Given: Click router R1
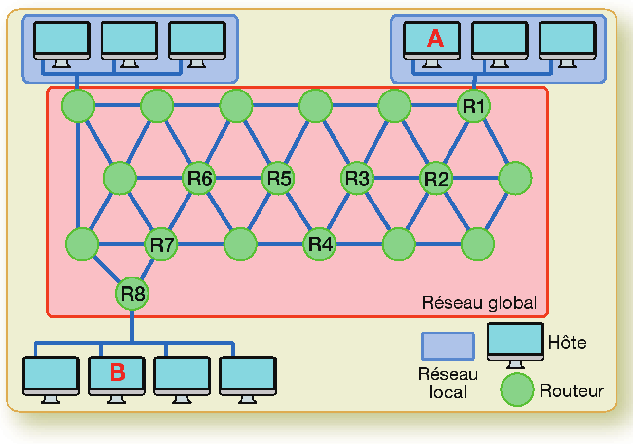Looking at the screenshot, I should click(473, 106).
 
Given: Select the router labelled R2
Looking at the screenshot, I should click(436, 179).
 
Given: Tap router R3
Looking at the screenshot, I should click(357, 179).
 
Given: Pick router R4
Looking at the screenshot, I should click(320, 243).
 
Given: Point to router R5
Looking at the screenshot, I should click(278, 179).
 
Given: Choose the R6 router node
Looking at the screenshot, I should click(199, 179).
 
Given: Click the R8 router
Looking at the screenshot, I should click(132, 294).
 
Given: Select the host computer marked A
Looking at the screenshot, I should click(435, 42).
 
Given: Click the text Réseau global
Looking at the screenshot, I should click(479, 302).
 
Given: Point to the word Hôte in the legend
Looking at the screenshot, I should click(567, 343).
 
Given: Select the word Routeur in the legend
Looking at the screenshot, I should click(572, 390).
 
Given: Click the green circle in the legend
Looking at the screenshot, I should click(517, 389).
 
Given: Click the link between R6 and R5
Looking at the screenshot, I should click(239, 178).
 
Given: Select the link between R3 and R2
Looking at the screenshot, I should click(397, 178).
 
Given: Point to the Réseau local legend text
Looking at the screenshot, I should click(448, 383).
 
